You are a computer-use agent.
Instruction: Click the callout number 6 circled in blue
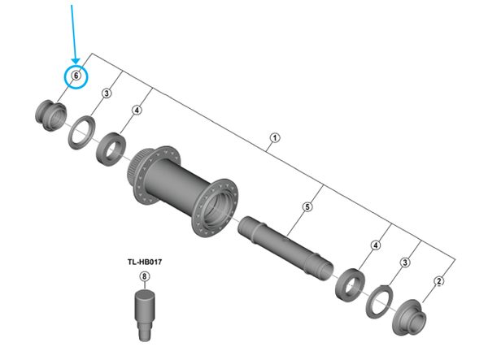click(x=76, y=76)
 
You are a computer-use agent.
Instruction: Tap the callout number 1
click(x=275, y=137)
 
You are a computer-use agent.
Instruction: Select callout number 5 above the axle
click(x=307, y=207)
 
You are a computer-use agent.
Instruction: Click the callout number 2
click(x=439, y=281)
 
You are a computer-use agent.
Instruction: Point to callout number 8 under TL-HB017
click(x=145, y=276)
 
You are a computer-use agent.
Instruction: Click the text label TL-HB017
click(x=145, y=262)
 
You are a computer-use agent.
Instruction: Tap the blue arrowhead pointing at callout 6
click(x=76, y=61)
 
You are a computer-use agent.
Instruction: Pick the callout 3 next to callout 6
click(x=107, y=93)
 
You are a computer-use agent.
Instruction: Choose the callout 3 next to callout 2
click(x=405, y=262)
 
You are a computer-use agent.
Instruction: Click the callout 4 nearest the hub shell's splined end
click(x=137, y=110)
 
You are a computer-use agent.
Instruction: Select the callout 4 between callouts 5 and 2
click(x=376, y=245)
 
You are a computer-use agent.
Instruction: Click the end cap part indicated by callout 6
click(x=50, y=115)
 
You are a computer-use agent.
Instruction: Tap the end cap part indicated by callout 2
click(x=409, y=317)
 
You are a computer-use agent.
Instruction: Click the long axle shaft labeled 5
click(x=285, y=248)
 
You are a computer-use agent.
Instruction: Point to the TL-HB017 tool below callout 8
click(x=145, y=315)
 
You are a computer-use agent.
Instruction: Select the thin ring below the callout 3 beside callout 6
click(x=82, y=132)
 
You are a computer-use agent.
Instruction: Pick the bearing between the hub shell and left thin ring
click(x=111, y=150)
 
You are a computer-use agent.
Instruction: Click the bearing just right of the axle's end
click(x=350, y=285)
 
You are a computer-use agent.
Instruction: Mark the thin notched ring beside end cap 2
click(x=379, y=301)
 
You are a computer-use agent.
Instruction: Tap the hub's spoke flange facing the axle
click(x=215, y=207)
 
